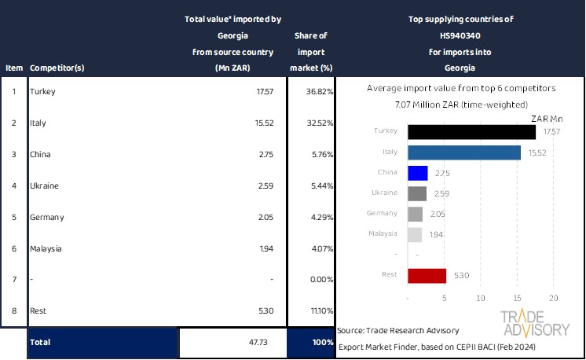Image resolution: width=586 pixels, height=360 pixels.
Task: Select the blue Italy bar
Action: (464, 152)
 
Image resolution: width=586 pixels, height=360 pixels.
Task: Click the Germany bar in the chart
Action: (416, 214)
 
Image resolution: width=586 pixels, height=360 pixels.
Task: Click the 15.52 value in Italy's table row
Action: (263, 123)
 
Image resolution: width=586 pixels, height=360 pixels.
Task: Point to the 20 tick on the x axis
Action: (553, 299)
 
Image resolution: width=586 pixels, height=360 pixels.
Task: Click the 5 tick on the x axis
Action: (445, 299)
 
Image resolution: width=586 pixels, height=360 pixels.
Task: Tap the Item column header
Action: (13, 68)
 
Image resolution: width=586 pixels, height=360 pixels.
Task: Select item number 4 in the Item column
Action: (13, 186)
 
